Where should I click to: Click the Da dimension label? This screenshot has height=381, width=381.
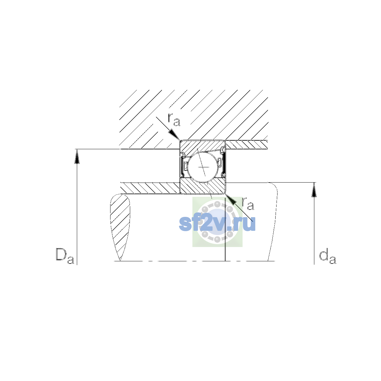(x=65, y=256)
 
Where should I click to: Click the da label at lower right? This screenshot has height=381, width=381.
(x=328, y=257)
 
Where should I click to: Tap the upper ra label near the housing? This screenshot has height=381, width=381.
(x=174, y=120)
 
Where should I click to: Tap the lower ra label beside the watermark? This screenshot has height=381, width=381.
(x=248, y=204)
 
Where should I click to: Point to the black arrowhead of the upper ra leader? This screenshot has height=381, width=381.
(x=174, y=135)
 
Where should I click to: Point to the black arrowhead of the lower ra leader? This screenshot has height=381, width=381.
(x=231, y=199)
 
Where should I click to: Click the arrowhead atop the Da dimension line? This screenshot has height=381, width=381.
(x=77, y=157)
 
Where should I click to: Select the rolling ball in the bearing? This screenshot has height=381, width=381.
(x=203, y=167)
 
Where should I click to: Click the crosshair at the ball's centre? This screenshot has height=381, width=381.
(x=203, y=167)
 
